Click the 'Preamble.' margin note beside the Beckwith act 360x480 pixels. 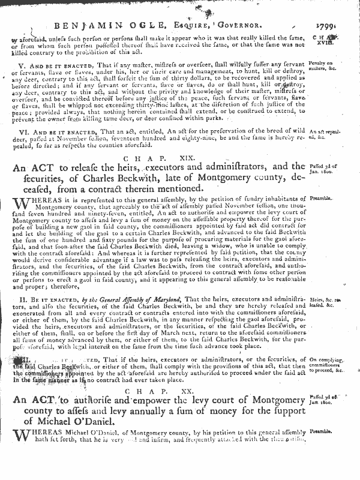[323, 197]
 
